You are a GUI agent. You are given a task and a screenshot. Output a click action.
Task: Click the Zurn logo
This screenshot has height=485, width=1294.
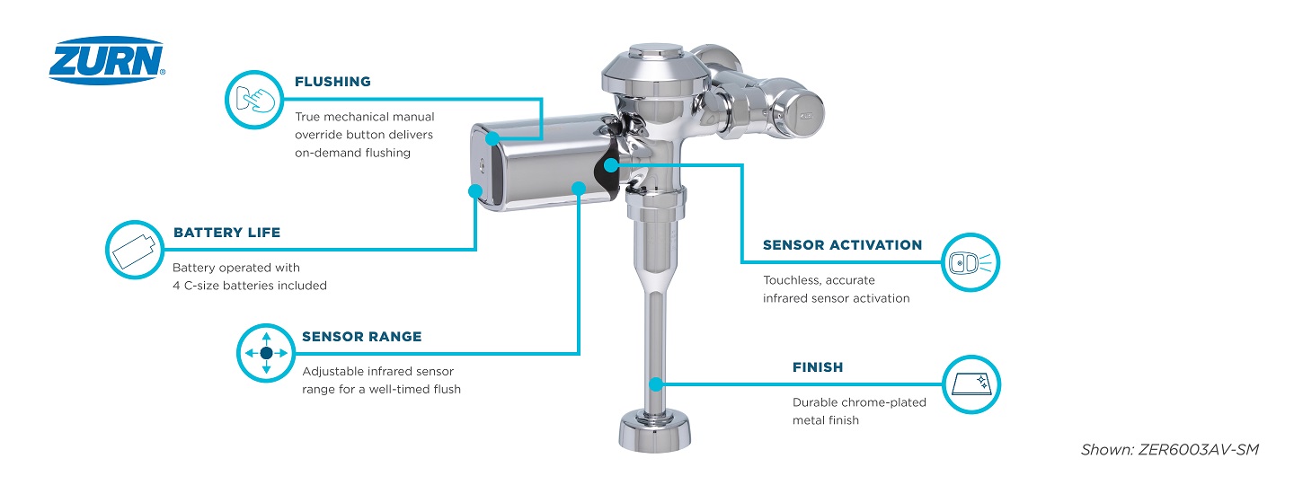tap(107, 61)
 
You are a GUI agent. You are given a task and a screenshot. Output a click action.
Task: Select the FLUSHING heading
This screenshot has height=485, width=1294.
tap(332, 82)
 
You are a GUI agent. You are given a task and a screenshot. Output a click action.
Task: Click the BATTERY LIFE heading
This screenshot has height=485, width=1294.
tap(226, 233)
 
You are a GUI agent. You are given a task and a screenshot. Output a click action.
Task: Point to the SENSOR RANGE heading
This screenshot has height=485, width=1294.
tap(361, 337)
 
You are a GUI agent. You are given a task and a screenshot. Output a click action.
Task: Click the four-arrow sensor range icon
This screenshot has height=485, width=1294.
tap(265, 353)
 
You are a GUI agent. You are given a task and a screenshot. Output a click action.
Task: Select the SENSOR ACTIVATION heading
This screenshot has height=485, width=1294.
tap(842, 245)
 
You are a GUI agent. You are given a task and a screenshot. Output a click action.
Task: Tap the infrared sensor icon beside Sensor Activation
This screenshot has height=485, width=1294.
tap(970, 263)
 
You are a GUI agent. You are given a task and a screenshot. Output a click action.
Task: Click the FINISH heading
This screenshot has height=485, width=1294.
tap(818, 367)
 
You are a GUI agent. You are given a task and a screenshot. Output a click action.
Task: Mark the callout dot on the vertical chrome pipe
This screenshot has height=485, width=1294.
tap(656, 384)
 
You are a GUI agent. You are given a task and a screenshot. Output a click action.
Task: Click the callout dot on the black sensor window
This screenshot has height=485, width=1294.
tap(610, 164)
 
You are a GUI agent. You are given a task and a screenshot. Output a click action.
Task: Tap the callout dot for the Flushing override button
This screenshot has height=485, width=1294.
tap(491, 138)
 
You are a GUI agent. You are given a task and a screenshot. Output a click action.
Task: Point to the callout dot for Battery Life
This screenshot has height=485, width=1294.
tap(475, 190)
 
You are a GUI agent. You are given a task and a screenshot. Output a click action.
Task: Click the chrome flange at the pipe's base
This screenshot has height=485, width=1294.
tap(654, 431)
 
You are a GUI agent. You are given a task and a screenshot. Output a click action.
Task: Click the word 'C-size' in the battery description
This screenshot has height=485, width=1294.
tap(207, 286)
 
